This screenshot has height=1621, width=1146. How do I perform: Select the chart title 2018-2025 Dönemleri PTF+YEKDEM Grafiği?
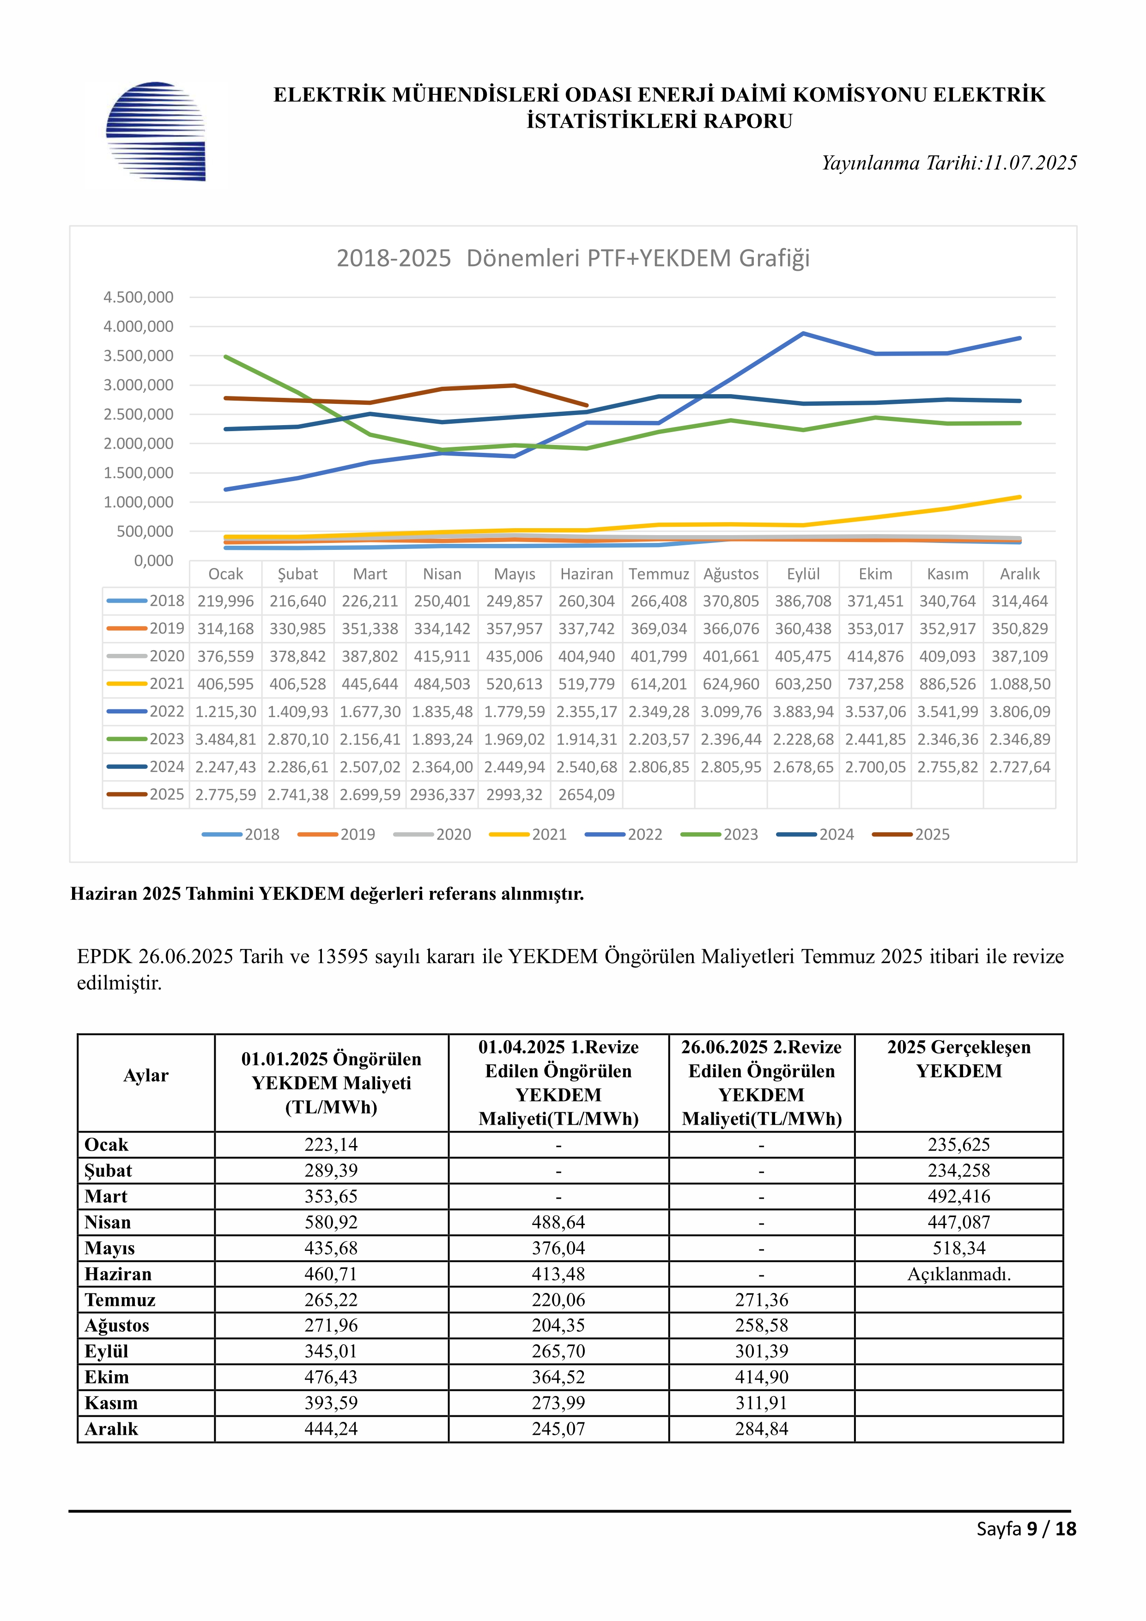[x=573, y=258]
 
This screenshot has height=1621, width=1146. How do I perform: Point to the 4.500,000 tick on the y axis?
[x=138, y=297]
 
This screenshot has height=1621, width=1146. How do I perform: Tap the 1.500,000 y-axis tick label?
[x=138, y=473]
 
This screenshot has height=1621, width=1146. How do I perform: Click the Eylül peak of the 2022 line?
[x=803, y=333]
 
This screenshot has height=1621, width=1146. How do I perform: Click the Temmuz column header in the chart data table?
[x=659, y=574]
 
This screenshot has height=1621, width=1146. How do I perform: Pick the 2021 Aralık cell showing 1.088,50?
[x=1020, y=684]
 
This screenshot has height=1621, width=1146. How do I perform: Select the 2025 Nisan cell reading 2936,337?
[x=442, y=795]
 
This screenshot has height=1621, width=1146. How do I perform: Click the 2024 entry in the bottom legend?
[x=815, y=835]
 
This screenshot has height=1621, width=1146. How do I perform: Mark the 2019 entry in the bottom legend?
[x=337, y=835]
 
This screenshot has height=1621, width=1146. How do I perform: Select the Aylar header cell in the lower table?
[x=146, y=1075]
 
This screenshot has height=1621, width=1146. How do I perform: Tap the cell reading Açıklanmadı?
[x=959, y=1274]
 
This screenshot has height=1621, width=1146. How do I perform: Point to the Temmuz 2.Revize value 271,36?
[x=761, y=1300]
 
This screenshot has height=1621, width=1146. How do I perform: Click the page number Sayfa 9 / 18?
[x=1026, y=1529]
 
